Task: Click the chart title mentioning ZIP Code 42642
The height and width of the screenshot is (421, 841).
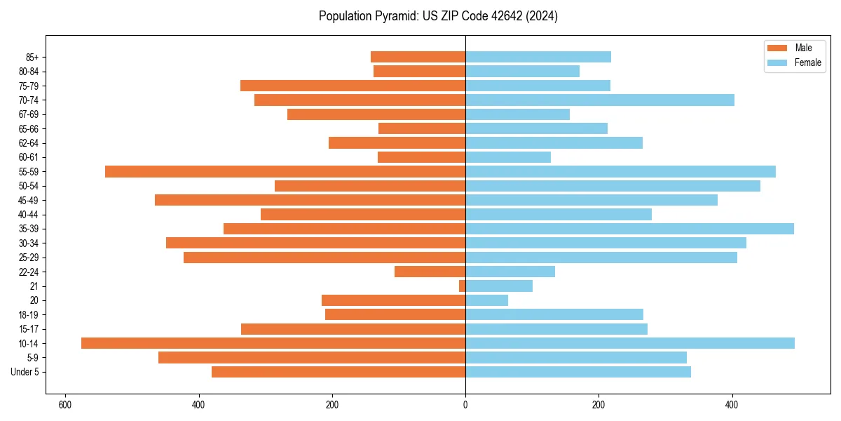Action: (438, 16)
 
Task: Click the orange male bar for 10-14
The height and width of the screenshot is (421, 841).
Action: (273, 343)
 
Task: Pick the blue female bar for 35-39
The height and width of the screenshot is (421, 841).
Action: (629, 229)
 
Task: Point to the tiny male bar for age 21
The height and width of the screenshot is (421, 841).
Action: (463, 286)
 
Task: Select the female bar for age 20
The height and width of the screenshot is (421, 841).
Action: (486, 300)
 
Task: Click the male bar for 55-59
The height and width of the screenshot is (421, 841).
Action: (285, 171)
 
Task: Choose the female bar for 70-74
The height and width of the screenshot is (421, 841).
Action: (600, 100)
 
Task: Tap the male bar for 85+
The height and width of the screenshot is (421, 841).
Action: (418, 57)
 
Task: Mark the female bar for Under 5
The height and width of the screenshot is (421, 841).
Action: (578, 372)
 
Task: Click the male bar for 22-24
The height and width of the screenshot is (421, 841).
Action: (430, 272)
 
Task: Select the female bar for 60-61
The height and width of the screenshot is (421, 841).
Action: (508, 157)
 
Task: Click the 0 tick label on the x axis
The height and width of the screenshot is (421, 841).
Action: (465, 405)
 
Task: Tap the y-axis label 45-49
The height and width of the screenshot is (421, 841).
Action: (29, 200)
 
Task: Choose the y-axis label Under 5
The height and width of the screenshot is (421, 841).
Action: (25, 372)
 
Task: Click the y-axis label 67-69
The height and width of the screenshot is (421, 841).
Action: (29, 114)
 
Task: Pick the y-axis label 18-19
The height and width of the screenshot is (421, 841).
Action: (29, 314)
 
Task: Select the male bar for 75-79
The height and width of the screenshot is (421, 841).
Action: (353, 86)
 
